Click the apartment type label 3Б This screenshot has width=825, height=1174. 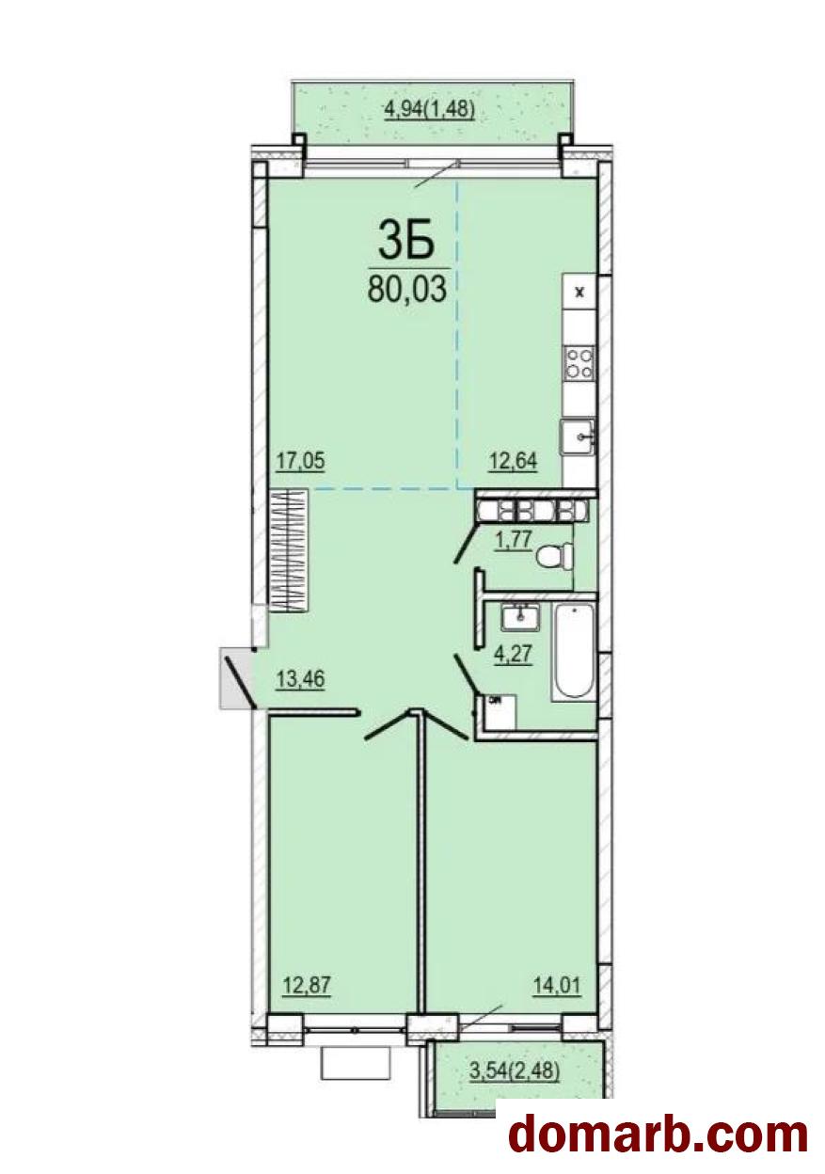[x=406, y=241]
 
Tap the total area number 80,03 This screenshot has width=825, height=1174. [x=406, y=288]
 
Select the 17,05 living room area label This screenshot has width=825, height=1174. [x=300, y=461]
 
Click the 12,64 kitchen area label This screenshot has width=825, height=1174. [x=513, y=462]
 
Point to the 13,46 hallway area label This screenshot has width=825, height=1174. [x=300, y=679]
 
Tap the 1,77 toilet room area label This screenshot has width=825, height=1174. [x=516, y=538]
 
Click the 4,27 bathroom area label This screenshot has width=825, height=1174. [x=515, y=654]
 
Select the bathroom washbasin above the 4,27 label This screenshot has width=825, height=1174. [x=520, y=617]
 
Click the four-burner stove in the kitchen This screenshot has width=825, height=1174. [x=579, y=364]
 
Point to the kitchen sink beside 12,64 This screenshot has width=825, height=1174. [x=579, y=437]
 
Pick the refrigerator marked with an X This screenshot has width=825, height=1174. [x=579, y=292]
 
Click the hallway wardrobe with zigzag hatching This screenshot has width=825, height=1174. [x=289, y=550]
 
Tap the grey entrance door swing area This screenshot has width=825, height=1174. [x=237, y=678]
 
